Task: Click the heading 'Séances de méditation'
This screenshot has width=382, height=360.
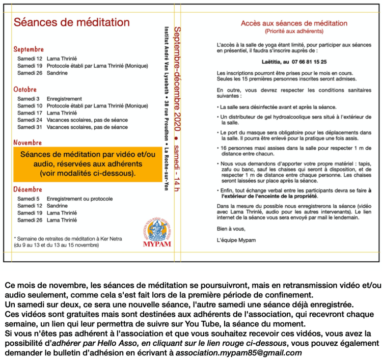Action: [x=71, y=22]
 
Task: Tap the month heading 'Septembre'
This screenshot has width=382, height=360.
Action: [x=29, y=49]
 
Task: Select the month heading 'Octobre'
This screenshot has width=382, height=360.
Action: [x=25, y=90]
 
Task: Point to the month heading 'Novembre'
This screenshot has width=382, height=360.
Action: [x=28, y=143]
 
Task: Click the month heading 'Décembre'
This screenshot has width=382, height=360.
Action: [x=28, y=189]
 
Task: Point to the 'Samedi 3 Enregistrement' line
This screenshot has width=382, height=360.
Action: [x=49, y=99]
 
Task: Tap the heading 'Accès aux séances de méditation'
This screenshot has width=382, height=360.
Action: [x=287, y=23]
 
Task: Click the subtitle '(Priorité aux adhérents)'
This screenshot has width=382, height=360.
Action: [x=287, y=31]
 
